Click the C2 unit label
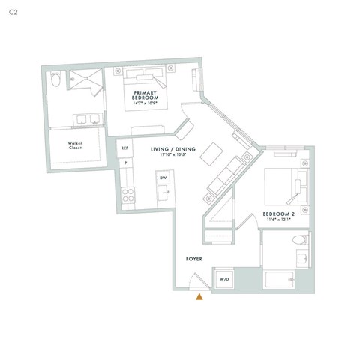pyautogui.click(x=12, y=13)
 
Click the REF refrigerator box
pyautogui.click(x=125, y=148)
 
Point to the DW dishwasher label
pyautogui.click(x=162, y=178)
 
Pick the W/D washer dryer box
pyautogui.click(x=224, y=279)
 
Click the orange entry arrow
pyautogui.click(x=199, y=297)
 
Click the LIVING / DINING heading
pyautogui.click(x=173, y=149)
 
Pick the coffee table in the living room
pyautogui.click(x=214, y=154)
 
